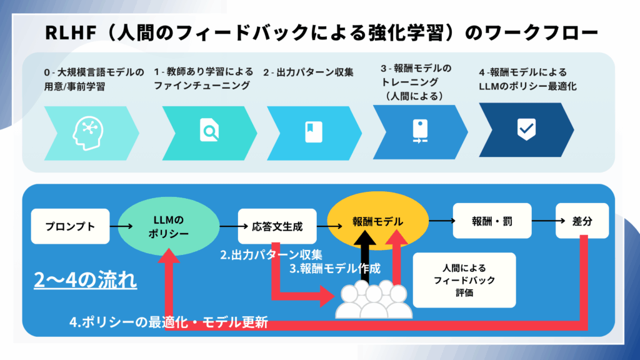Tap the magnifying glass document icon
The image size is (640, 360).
click(209, 131)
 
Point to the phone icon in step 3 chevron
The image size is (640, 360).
click(417, 130)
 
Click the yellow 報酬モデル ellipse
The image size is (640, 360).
click(377, 221)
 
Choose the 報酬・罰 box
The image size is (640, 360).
click(492, 221)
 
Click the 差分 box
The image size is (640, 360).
click(582, 221)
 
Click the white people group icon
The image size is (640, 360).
click(374, 299)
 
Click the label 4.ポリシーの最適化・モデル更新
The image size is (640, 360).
click(168, 322)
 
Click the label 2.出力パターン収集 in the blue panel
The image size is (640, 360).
click(271, 254)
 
